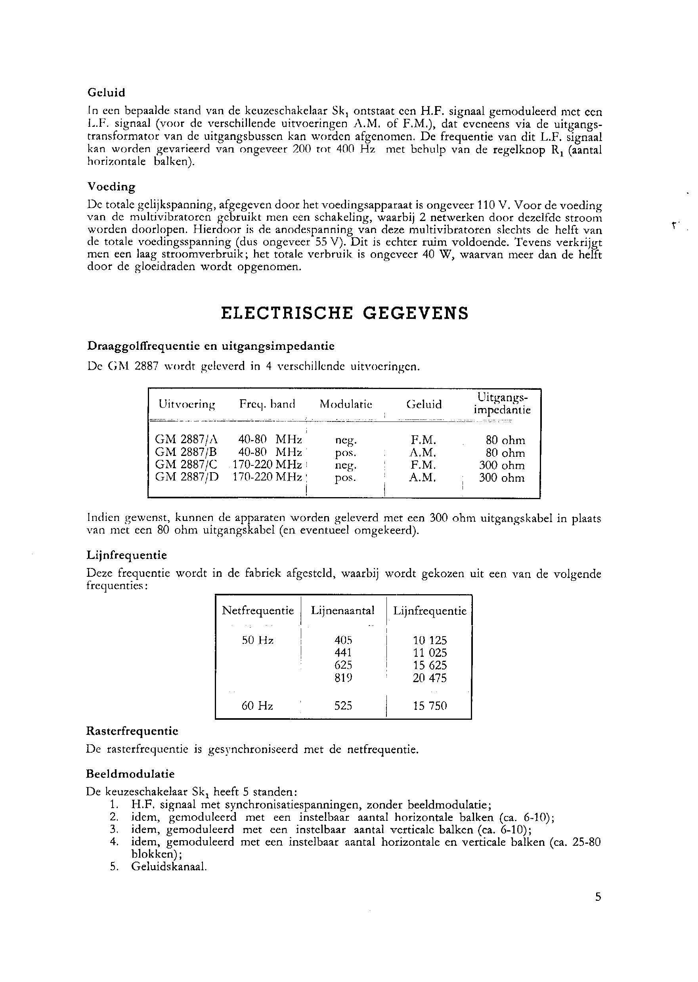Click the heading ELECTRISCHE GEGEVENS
click(x=344, y=313)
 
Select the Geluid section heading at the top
click(x=106, y=93)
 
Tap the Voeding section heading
click(x=111, y=187)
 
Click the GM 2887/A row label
click(x=187, y=440)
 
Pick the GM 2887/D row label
click(x=187, y=478)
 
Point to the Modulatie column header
click(x=346, y=404)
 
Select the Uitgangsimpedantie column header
click(x=502, y=403)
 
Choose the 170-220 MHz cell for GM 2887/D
click(x=267, y=478)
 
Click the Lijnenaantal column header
click(x=342, y=610)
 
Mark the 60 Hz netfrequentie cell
click(x=257, y=706)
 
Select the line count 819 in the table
click(x=343, y=678)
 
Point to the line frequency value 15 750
click(x=430, y=706)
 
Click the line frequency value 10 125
click(x=430, y=641)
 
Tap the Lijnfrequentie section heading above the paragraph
click(x=126, y=555)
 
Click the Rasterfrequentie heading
click(x=132, y=731)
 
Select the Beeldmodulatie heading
click(x=130, y=774)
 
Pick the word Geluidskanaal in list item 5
click(x=169, y=867)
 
